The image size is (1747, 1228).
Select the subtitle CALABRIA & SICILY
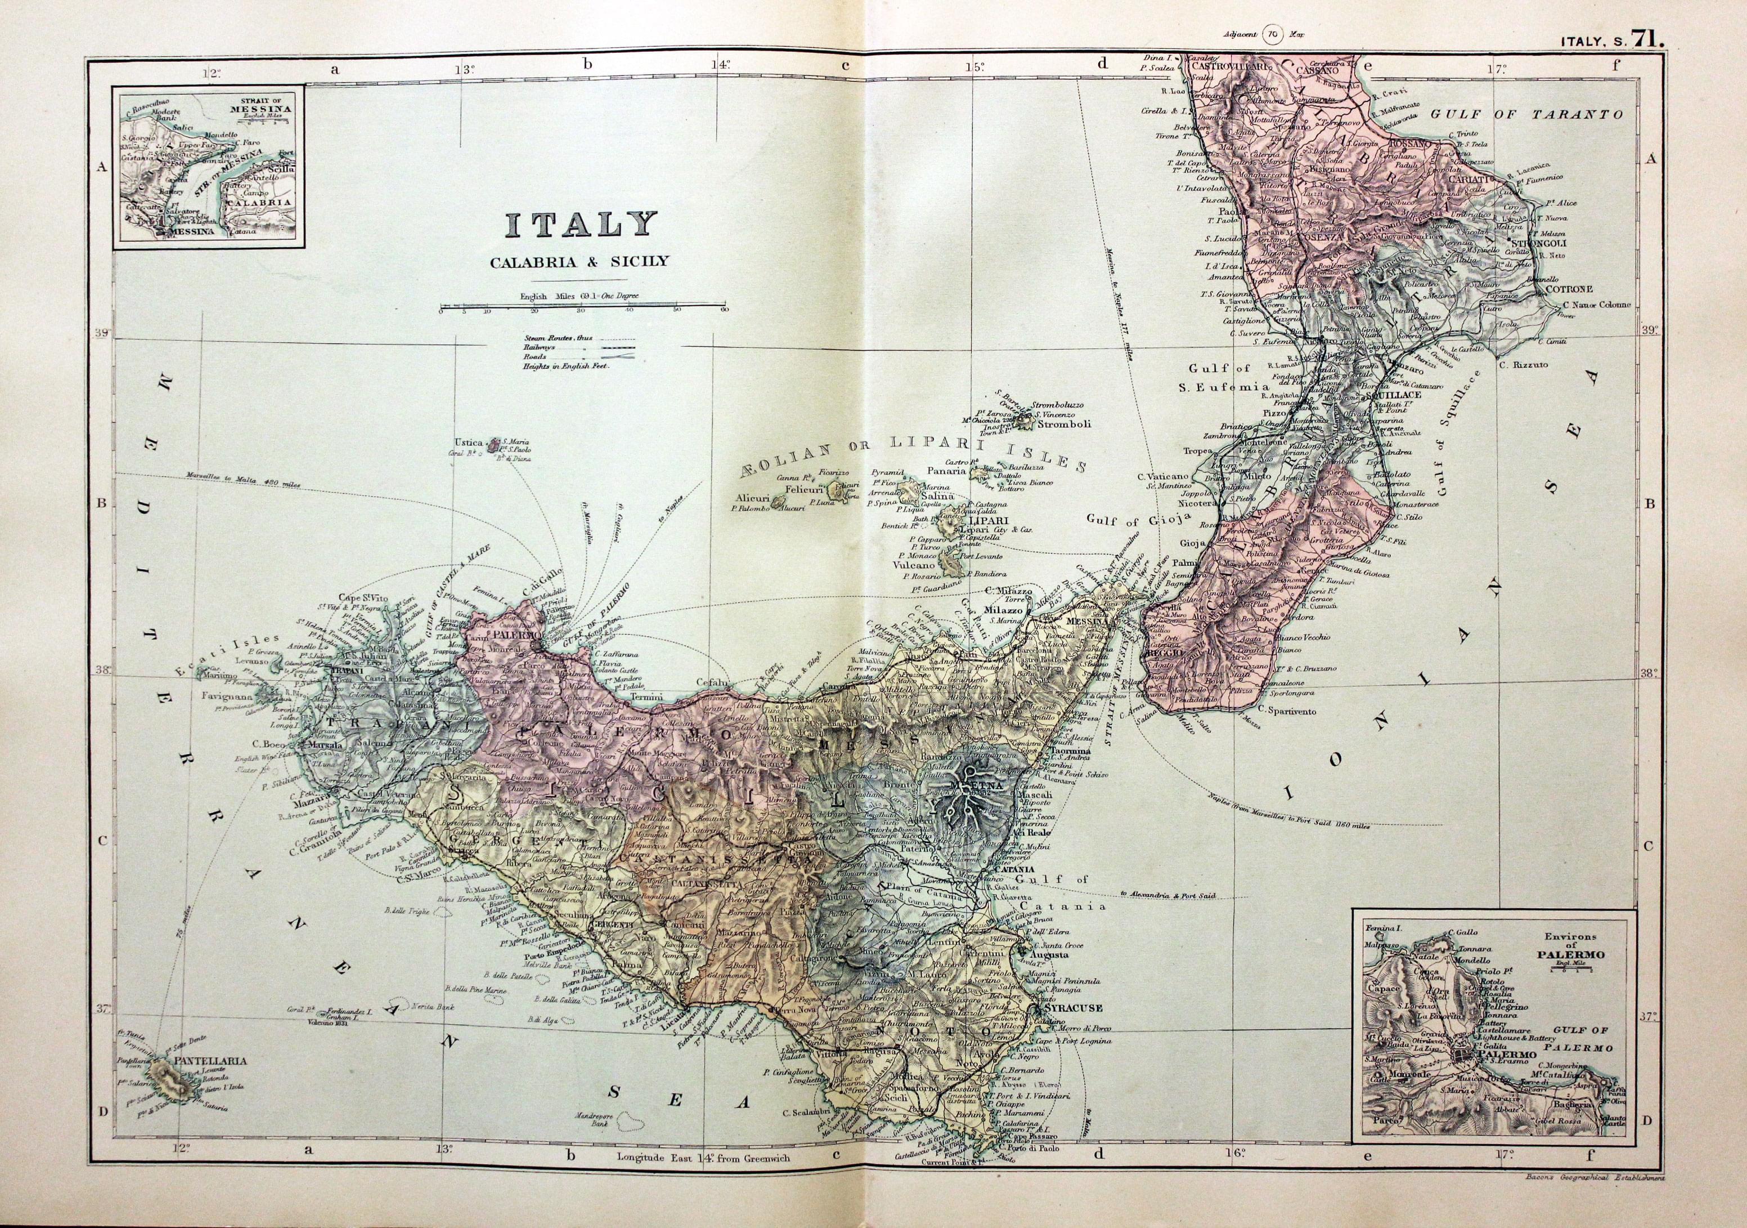(x=579, y=261)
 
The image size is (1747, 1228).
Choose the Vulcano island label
(x=911, y=566)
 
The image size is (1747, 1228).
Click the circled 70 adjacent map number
(x=1272, y=34)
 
